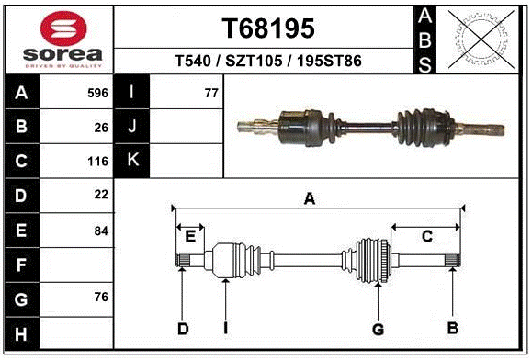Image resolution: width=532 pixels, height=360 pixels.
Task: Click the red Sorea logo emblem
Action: (x=63, y=28)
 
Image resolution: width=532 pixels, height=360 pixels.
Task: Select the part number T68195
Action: (x=268, y=28)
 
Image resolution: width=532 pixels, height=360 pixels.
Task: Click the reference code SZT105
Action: (x=254, y=61)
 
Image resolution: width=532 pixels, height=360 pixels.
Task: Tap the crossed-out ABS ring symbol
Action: (x=481, y=39)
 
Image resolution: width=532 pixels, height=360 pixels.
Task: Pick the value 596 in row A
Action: (x=97, y=93)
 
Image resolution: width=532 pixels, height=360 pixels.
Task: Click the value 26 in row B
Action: (x=101, y=128)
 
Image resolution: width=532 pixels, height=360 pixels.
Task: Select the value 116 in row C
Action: (x=97, y=162)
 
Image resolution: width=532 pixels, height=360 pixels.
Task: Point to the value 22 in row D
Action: (x=101, y=195)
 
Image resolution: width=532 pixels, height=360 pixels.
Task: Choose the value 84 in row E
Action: (x=101, y=231)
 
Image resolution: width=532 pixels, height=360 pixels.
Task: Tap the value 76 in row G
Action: (x=101, y=297)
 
